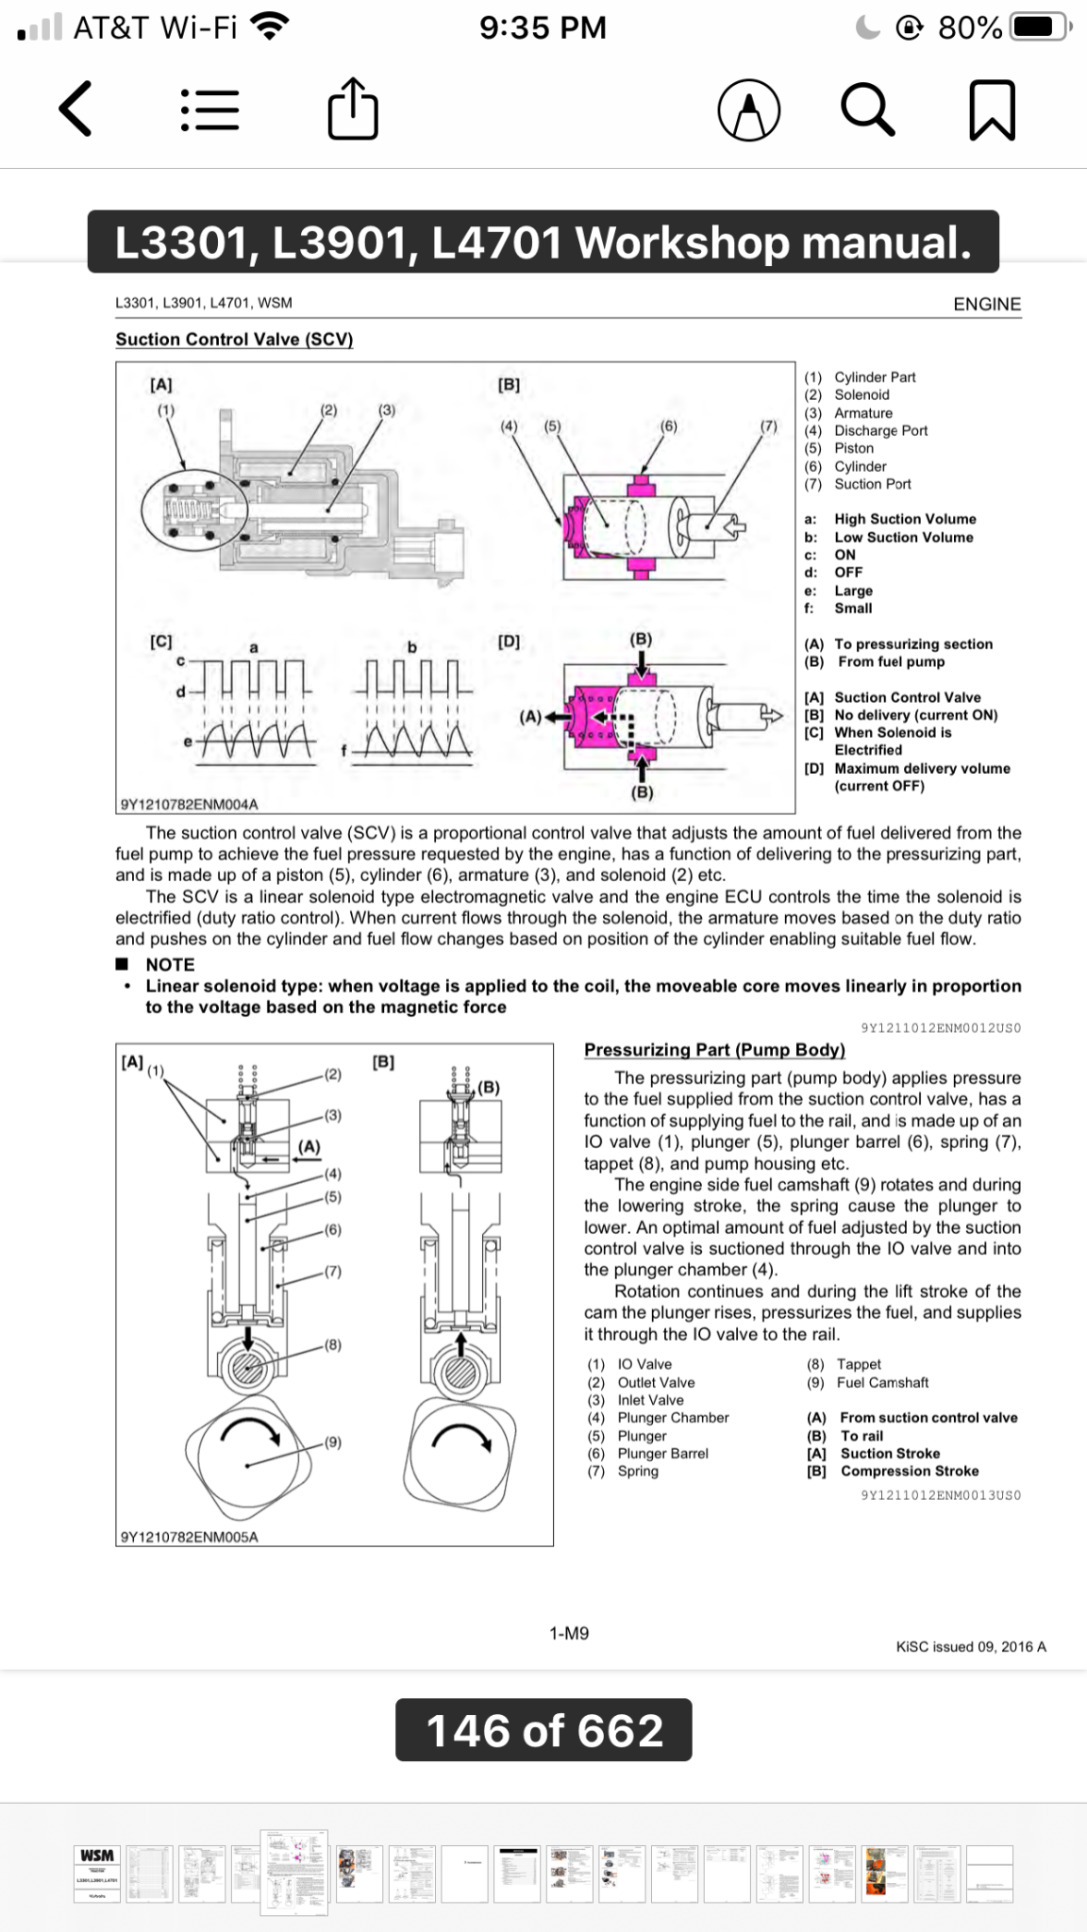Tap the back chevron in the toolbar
pyautogui.click(x=75, y=109)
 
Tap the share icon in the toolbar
pyautogui.click(x=353, y=111)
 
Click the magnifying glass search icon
pyautogui.click(x=867, y=110)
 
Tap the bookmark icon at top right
pyautogui.click(x=992, y=110)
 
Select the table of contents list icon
pyautogui.click(x=209, y=110)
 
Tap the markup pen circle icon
pyautogui.click(x=749, y=110)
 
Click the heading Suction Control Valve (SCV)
pyautogui.click(x=234, y=340)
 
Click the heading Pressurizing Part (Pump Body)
pyautogui.click(x=714, y=1050)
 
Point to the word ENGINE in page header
pyautogui.click(x=987, y=304)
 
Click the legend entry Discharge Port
pyautogui.click(x=880, y=430)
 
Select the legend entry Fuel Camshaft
pyautogui.click(x=882, y=1382)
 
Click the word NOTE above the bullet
pyautogui.click(x=170, y=964)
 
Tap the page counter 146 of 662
pyautogui.click(x=543, y=1730)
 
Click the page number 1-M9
pyautogui.click(x=569, y=1633)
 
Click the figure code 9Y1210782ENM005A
pyautogui.click(x=190, y=1536)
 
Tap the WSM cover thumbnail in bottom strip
pyautogui.click(x=97, y=1873)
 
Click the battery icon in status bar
pyautogui.click(x=1039, y=27)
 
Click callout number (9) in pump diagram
pyautogui.click(x=332, y=1442)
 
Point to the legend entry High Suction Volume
pyautogui.click(x=904, y=519)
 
